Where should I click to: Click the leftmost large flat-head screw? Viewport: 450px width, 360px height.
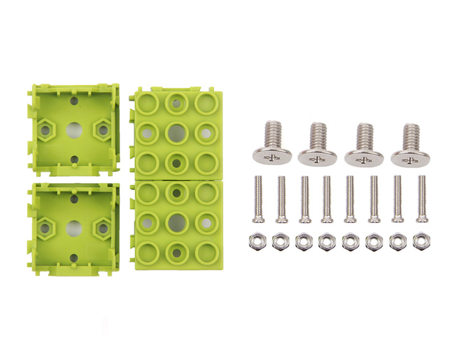click(x=271, y=144)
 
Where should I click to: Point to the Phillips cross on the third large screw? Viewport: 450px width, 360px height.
click(x=363, y=157)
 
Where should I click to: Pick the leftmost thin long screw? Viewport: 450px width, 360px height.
click(x=258, y=199)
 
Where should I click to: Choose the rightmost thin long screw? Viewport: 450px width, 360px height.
click(x=421, y=199)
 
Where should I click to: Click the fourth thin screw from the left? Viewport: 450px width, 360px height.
click(x=327, y=199)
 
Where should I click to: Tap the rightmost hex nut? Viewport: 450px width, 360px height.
click(x=422, y=242)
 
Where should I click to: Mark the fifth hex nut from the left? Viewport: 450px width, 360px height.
click(x=350, y=242)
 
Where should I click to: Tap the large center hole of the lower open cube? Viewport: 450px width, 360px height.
click(x=74, y=228)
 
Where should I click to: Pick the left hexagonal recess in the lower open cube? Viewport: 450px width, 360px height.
click(x=46, y=228)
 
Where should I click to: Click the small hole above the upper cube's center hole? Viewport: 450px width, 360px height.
click(x=74, y=102)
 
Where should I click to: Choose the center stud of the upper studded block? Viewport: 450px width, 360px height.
click(x=176, y=133)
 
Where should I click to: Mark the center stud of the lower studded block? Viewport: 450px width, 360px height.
click(x=176, y=222)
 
